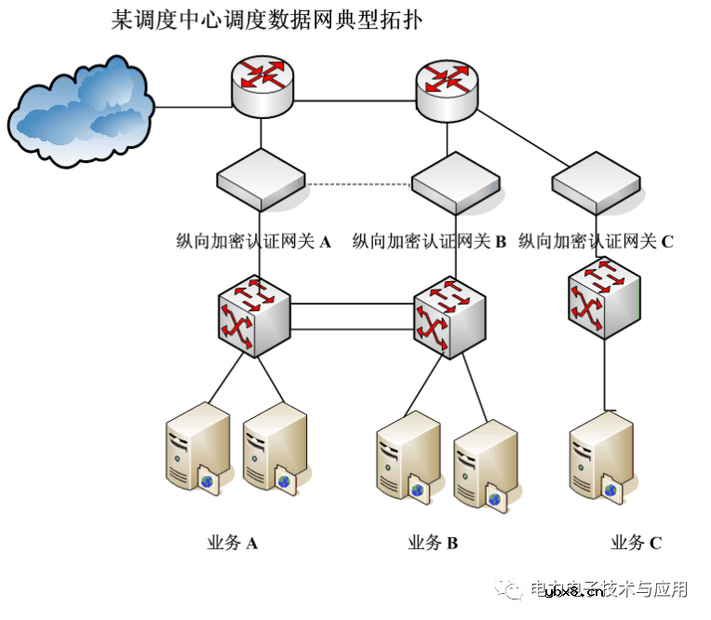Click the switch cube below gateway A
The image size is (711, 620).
coord(255,317)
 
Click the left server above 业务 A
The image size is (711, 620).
coord(196,447)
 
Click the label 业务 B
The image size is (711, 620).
coord(433,543)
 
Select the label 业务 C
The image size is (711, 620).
coord(636,543)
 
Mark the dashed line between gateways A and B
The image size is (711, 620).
coord(358,184)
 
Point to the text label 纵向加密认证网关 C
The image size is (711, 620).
coord(596,242)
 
